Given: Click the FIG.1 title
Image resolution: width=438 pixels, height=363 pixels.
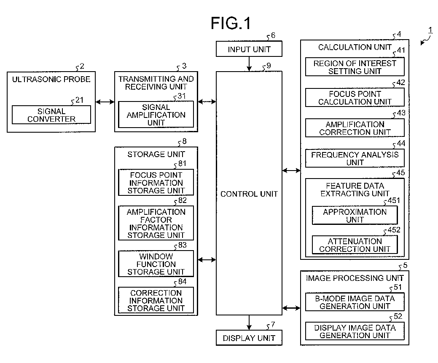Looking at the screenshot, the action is tap(231, 23).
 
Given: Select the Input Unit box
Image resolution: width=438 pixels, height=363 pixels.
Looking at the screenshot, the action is tap(249, 49).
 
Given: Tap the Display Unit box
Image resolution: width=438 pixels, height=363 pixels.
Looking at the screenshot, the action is tap(249, 338).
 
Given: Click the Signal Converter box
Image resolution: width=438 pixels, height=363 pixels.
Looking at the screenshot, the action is tap(51, 115).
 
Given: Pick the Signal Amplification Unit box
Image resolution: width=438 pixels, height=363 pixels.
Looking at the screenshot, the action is tap(156, 115).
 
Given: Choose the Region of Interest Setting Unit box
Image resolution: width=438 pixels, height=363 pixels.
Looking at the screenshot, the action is tap(355, 67).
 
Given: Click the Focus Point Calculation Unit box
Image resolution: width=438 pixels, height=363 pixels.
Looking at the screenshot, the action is tap(355, 97).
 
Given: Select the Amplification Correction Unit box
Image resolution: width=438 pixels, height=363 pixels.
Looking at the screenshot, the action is tap(355, 128).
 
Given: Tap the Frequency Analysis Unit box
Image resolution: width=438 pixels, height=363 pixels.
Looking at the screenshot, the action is tap(355, 158).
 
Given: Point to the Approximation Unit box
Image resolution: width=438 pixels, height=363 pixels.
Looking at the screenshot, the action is tap(355, 215).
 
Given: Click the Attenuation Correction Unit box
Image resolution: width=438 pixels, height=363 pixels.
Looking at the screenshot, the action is tap(355, 245).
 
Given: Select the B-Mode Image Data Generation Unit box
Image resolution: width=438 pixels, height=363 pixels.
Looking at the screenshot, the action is tap(355, 302).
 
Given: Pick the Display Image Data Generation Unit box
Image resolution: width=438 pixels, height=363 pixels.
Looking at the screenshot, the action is tap(355, 331).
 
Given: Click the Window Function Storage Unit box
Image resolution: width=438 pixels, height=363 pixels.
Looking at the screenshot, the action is tap(156, 264).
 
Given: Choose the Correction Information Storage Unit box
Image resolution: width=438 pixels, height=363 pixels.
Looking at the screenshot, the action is tap(156, 300).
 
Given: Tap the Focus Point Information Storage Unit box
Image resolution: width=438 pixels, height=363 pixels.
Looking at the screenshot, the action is tap(156, 182).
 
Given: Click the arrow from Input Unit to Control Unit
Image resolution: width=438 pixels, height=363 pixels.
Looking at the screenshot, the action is tap(249, 64).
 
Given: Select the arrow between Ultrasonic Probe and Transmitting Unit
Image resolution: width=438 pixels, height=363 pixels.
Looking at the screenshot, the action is tap(105, 102).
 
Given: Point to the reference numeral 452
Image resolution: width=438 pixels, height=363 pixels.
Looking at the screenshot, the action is tap(394, 230).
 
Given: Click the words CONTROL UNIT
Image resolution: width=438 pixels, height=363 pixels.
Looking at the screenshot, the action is tap(249, 194).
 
